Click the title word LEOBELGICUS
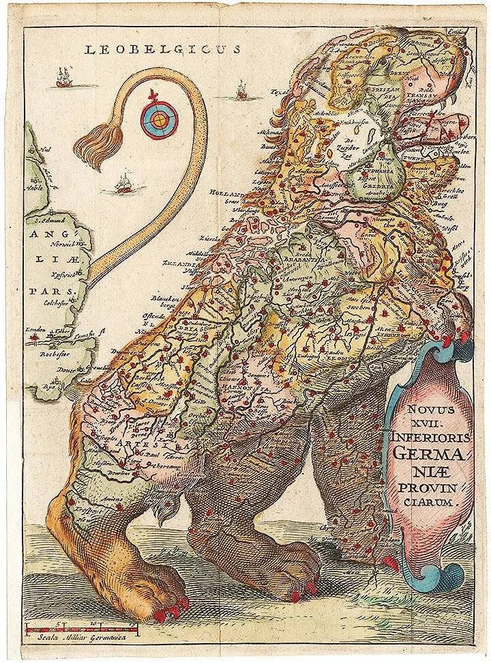[x=162, y=49]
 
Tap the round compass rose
[x=159, y=119]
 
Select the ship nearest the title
[x=63, y=78]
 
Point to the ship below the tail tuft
[x=123, y=183]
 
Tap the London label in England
[x=34, y=331]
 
